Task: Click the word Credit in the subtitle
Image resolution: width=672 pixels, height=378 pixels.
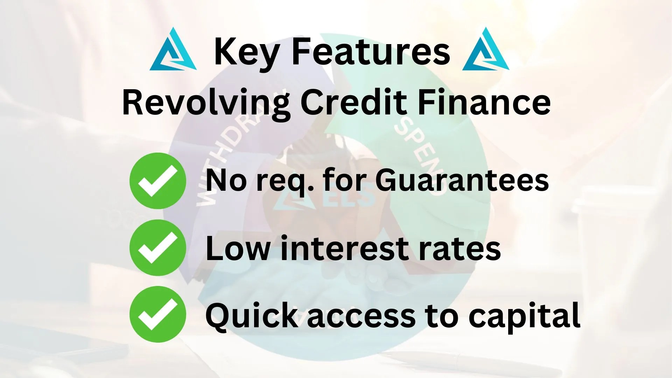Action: pos(353,101)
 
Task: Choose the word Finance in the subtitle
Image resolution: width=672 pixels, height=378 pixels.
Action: pos(484,101)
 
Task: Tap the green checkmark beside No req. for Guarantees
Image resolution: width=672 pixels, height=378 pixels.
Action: pos(157,181)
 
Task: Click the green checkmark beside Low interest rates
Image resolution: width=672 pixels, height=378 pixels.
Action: pos(157,248)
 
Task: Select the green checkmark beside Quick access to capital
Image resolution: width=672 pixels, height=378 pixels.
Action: pos(157,314)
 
